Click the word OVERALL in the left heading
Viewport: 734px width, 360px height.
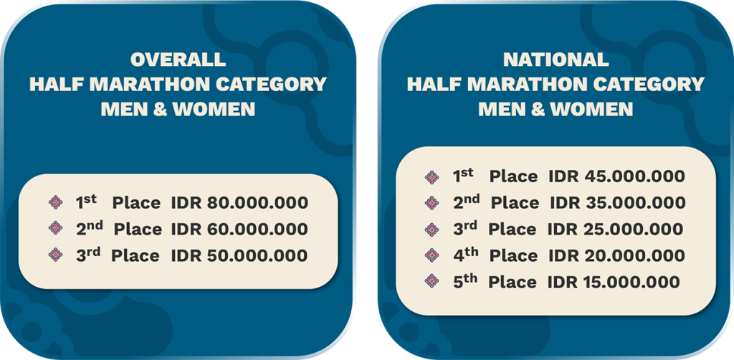click(x=178, y=60)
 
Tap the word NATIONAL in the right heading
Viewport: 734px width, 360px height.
click(x=556, y=60)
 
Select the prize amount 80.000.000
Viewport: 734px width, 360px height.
click(x=257, y=203)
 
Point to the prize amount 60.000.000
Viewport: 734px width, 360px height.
click(x=257, y=229)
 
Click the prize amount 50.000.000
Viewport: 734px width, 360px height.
click(x=257, y=255)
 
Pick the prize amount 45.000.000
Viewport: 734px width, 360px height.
click(x=634, y=176)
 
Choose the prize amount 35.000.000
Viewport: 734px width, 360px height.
click(x=634, y=203)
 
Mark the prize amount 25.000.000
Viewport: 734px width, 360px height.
click(x=632, y=229)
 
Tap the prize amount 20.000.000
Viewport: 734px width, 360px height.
click(x=634, y=255)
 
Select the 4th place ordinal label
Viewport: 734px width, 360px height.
click(x=465, y=255)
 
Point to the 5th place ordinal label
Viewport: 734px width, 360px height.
click(x=464, y=281)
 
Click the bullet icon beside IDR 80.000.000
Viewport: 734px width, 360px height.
click(x=55, y=202)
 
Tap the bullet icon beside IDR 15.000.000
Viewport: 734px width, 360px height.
click(x=432, y=281)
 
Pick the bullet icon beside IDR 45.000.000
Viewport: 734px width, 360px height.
click(x=432, y=176)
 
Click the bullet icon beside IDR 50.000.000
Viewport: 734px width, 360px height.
click(x=55, y=254)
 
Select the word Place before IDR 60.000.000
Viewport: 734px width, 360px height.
click(x=138, y=229)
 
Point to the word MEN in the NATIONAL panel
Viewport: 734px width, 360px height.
click(x=498, y=109)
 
